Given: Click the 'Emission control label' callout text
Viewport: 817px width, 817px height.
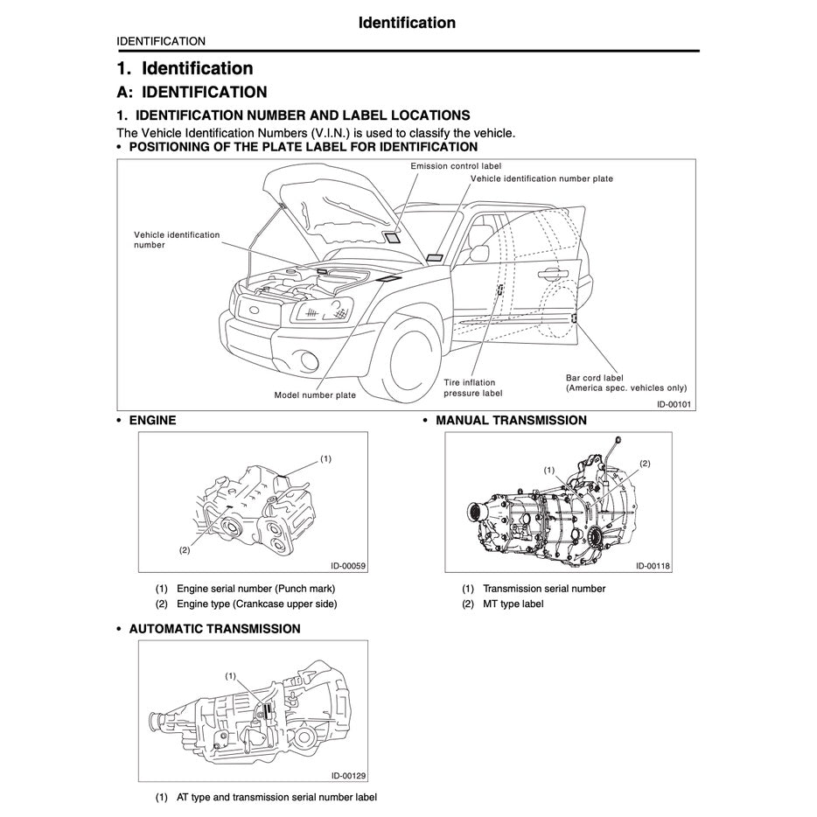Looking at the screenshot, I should (456, 165).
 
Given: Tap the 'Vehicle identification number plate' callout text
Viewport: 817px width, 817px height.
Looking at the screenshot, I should (541, 178).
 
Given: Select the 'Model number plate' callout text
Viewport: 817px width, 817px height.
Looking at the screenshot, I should (315, 395).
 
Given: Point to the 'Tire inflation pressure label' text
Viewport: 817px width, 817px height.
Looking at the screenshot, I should (472, 388).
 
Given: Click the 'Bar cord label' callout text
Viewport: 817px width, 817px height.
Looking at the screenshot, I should (595, 378).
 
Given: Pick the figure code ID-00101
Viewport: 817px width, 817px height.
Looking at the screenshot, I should (674, 404).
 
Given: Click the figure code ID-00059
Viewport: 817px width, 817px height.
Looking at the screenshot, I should (348, 566).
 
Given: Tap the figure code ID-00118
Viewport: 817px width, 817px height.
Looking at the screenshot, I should (653, 566).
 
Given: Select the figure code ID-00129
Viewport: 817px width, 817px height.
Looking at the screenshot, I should (348, 775).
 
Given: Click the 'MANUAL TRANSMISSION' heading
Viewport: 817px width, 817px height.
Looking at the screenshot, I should (511, 421).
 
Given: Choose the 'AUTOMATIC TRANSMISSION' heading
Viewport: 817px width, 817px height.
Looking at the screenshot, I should (214, 629).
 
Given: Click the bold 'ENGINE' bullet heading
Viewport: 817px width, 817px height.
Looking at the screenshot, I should (152, 421).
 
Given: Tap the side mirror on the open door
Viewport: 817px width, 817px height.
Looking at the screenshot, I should (478, 254).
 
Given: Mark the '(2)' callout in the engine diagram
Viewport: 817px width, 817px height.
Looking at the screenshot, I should (185, 550).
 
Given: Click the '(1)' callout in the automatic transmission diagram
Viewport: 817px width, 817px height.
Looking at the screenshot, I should (231, 675).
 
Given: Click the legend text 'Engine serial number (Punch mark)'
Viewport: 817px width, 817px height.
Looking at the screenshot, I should (255, 589).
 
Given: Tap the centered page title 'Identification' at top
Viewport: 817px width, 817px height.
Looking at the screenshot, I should (407, 23).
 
